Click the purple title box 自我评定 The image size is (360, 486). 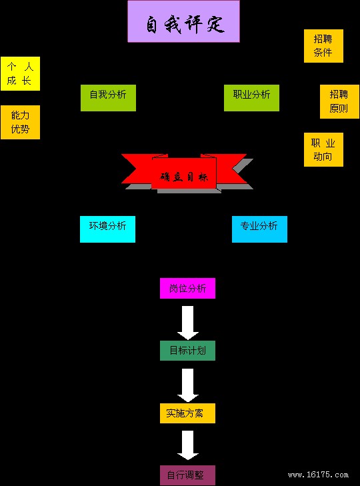click(x=183, y=21)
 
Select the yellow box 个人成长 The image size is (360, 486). click(x=20, y=74)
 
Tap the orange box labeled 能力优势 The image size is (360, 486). click(x=20, y=122)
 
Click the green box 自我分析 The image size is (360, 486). click(x=108, y=97)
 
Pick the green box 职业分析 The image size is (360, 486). click(x=251, y=97)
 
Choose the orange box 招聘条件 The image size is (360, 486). click(x=323, y=46)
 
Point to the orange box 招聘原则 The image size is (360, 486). click(x=339, y=101)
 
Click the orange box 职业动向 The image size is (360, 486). click(x=323, y=150)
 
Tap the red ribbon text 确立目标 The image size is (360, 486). click(x=184, y=177)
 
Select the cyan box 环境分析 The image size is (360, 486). click(x=107, y=229)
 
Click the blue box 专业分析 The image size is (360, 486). click(x=259, y=229)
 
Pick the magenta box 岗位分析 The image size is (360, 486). click(x=187, y=288)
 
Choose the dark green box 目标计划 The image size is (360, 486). click(x=187, y=351)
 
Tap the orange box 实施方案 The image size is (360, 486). click(x=187, y=413)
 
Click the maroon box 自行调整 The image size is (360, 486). click(x=187, y=475)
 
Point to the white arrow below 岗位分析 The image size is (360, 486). click(x=188, y=323)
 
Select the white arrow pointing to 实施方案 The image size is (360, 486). click(x=188, y=385)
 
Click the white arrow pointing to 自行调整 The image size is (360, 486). click(x=188, y=445)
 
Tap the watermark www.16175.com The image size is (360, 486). click(x=318, y=475)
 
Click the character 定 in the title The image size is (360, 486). click(x=215, y=23)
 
